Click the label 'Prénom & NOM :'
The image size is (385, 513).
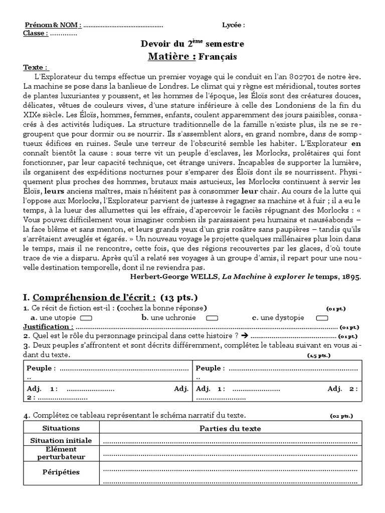click(52, 25)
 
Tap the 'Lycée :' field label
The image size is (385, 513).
click(234, 25)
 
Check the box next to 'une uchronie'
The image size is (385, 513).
click(212, 318)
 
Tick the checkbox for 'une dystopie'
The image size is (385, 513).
click(322, 318)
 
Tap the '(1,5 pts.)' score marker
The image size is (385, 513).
click(319, 355)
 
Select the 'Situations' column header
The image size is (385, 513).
click(61, 428)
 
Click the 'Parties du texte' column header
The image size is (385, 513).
click(230, 428)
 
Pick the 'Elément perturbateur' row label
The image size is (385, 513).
click(61, 453)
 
